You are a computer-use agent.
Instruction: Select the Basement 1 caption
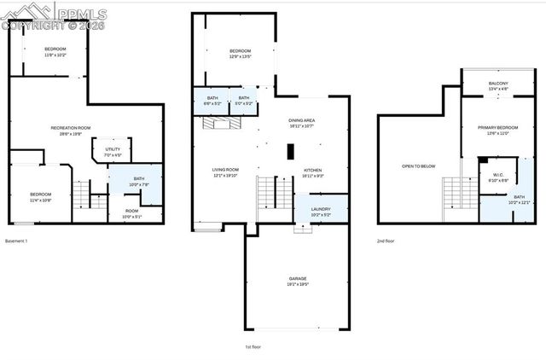(17, 241)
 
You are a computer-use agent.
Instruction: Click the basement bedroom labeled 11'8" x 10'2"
(55, 52)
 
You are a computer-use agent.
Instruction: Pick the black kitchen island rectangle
(290, 152)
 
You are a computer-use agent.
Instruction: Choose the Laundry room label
(321, 212)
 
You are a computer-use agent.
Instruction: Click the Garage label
(296, 281)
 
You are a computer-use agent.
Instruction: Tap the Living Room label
(225, 172)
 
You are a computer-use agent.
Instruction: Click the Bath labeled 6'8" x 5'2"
(212, 102)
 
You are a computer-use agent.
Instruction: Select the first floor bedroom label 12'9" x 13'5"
(240, 55)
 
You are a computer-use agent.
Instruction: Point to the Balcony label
(498, 85)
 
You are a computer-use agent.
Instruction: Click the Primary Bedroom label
(497, 130)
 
